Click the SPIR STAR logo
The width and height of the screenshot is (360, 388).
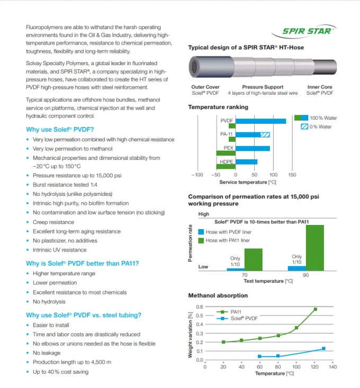tap(308, 31)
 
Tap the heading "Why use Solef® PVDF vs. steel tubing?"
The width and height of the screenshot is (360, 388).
tap(84, 315)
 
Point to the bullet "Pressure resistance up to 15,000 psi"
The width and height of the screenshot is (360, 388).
tap(77, 175)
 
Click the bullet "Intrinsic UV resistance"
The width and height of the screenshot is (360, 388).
tap(59, 250)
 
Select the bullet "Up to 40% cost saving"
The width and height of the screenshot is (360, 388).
tap(60, 372)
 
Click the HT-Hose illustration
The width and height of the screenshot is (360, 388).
tap(262, 68)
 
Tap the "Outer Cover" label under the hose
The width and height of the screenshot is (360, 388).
tap(205, 87)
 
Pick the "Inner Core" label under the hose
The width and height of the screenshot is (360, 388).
tap(320, 87)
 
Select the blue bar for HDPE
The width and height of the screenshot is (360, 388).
tap(246, 162)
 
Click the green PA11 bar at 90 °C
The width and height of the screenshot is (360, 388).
tap(314, 248)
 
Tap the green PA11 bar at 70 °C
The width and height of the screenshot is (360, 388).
tap(253, 259)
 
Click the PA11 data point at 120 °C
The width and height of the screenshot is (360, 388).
tap(316, 309)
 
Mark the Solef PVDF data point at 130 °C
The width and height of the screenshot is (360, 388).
tap(324, 348)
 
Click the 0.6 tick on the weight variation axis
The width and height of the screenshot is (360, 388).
tap(199, 307)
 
